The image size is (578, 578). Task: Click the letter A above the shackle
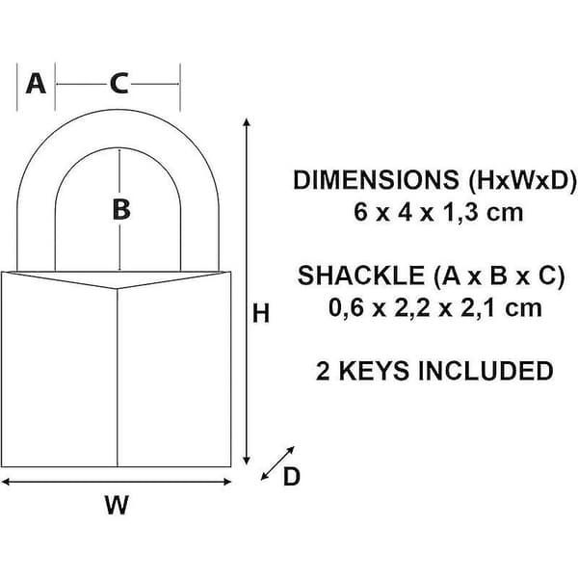pyautogui.click(x=36, y=84)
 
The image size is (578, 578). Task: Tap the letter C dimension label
pyautogui.click(x=118, y=84)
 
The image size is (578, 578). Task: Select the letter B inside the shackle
pyautogui.click(x=121, y=209)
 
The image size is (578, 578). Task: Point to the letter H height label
pyautogui.click(x=261, y=313)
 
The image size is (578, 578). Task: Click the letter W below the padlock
pyautogui.click(x=117, y=505)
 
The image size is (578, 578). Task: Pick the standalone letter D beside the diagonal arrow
pyautogui.click(x=291, y=477)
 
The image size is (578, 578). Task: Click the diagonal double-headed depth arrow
pyautogui.click(x=277, y=463)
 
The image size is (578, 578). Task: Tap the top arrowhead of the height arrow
pyautogui.click(x=247, y=122)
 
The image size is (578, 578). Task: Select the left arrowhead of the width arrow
pyautogui.click(x=6, y=482)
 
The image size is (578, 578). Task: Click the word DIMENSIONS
pyautogui.click(x=376, y=180)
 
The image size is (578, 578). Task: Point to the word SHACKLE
pyautogui.click(x=361, y=276)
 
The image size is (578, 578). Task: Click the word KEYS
pyautogui.click(x=374, y=371)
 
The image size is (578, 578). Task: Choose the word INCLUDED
pyautogui.click(x=486, y=371)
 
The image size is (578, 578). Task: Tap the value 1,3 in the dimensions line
pyautogui.click(x=461, y=213)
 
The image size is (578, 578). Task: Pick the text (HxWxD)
pyautogui.click(x=521, y=181)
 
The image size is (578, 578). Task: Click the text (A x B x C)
pyautogui.click(x=499, y=276)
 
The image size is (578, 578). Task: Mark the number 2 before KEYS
pyautogui.click(x=323, y=371)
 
